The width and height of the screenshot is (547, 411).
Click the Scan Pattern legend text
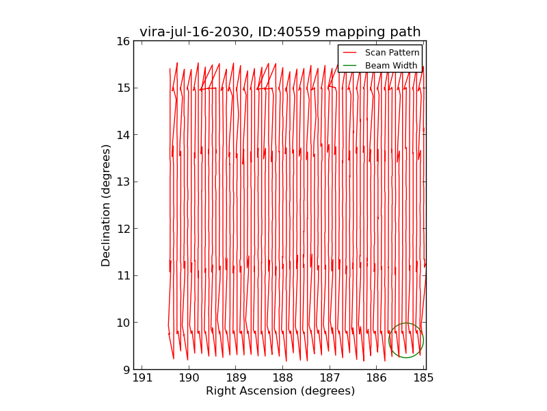click(x=392, y=53)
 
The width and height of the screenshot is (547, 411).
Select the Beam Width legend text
click(x=391, y=66)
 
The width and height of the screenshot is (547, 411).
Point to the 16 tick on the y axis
click(x=122, y=41)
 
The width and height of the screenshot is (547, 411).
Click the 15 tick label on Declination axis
click(x=122, y=88)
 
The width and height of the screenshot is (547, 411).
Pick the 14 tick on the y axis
click(x=122, y=135)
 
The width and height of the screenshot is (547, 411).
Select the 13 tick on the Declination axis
click(x=122, y=182)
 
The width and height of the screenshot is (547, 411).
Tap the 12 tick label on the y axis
click(x=122, y=229)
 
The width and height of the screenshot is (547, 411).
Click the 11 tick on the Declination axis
click(x=122, y=275)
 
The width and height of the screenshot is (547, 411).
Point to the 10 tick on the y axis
click(x=122, y=323)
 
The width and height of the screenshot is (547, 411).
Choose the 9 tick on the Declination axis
click(x=125, y=369)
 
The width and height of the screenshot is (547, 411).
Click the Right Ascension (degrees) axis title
click(x=280, y=391)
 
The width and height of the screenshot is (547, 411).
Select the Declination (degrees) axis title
click(x=106, y=205)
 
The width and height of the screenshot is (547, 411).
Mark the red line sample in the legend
click(x=349, y=53)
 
